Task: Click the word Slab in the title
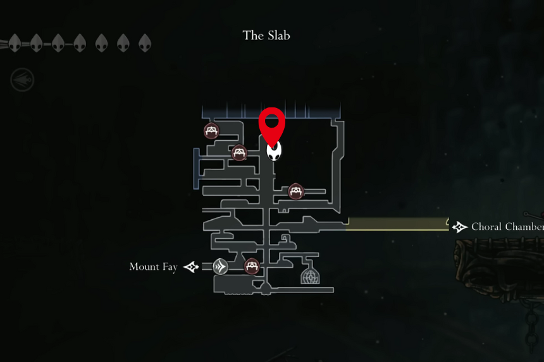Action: coord(278,35)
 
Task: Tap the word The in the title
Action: coord(253,35)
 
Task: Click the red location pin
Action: coord(272,127)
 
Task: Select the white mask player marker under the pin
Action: coord(274,152)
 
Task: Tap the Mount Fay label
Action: coord(153,267)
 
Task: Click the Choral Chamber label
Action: coord(507,227)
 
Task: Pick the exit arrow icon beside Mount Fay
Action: coord(191,267)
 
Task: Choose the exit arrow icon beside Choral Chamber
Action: coord(460,227)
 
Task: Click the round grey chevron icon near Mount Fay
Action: coord(220,267)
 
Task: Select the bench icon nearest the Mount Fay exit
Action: coord(252,267)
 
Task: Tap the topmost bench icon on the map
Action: coord(211,131)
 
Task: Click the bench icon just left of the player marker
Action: coord(239,152)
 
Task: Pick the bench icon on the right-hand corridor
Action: coord(295,191)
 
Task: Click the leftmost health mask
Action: coord(15,44)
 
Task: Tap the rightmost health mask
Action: coord(145,44)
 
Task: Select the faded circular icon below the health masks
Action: coord(22,80)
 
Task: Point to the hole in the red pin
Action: coord(272,121)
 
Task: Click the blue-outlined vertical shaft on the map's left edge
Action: coord(196,169)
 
